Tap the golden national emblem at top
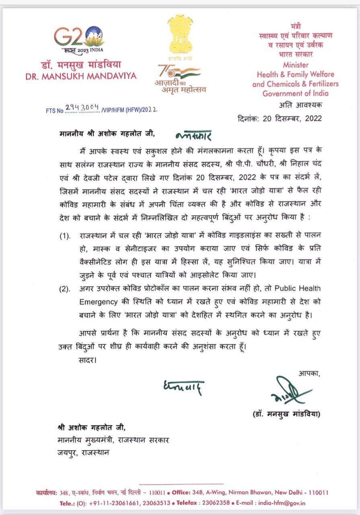point(180,35)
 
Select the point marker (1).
point(65,236)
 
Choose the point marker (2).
point(65,289)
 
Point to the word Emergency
point(99,302)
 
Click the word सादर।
point(87,359)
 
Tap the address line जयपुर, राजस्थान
point(82,452)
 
